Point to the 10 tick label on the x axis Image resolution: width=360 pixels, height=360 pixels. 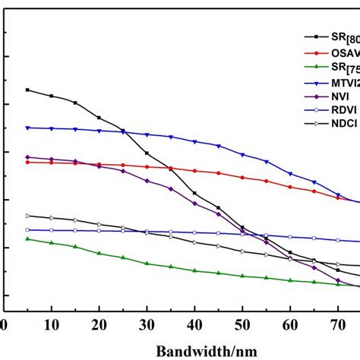52,324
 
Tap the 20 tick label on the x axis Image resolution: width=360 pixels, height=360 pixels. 99,324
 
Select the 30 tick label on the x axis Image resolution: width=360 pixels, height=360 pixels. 147,324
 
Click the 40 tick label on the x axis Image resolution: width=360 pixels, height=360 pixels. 194,324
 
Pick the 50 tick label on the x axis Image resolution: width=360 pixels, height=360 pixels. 242,324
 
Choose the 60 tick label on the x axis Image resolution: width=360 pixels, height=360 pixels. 290,324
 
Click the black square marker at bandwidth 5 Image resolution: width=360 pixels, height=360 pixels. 27,90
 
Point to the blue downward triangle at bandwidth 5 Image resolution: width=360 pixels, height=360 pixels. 27,128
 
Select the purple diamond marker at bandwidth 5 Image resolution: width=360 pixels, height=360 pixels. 27,157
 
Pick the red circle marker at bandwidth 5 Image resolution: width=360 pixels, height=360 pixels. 27,162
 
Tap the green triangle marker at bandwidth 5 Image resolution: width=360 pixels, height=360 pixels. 27,238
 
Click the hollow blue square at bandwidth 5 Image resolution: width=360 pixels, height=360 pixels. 27,230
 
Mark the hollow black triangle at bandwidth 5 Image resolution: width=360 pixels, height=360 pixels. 27,216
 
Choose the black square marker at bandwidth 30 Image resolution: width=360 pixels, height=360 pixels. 147,153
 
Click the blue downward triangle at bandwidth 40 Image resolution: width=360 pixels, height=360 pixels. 194,142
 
